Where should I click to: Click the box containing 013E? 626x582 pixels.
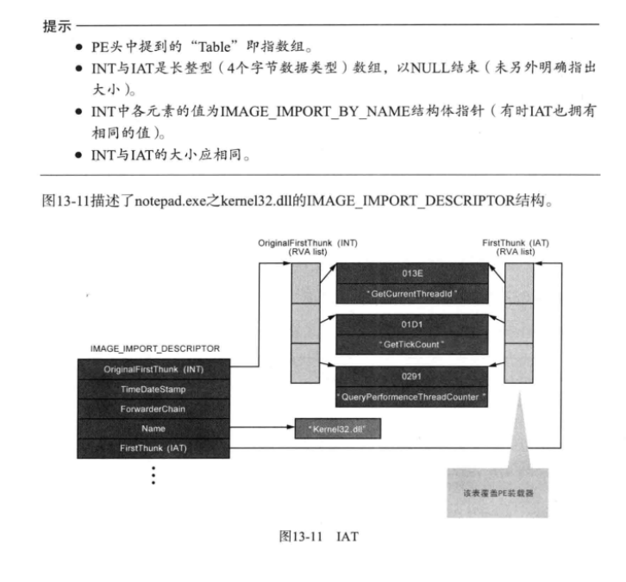point(410,275)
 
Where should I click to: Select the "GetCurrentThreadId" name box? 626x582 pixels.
point(410,295)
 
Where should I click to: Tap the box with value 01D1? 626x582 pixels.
point(410,326)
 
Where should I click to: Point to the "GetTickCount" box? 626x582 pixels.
point(410,345)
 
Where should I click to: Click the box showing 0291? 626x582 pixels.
point(410,377)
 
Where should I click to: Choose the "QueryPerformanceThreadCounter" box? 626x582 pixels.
point(410,397)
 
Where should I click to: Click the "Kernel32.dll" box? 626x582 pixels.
point(336,428)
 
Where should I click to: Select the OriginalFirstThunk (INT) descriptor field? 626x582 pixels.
point(153,368)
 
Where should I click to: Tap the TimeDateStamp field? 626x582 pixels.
point(153,388)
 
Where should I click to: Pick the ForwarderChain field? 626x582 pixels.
point(153,408)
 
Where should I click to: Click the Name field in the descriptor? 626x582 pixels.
point(153,428)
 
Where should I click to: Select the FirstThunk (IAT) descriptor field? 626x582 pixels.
point(153,447)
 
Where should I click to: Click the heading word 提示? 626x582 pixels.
point(55,25)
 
